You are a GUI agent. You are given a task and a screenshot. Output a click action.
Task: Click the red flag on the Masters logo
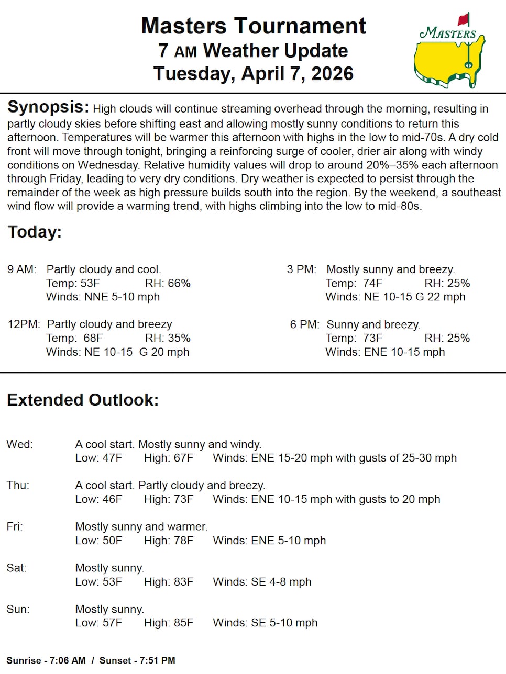464,20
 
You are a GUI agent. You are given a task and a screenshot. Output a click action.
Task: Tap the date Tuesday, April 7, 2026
253,73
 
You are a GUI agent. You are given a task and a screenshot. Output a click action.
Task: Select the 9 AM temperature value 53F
90,283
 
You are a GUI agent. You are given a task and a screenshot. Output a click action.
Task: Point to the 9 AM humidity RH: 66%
168,283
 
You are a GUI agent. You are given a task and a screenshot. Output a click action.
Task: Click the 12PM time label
23,324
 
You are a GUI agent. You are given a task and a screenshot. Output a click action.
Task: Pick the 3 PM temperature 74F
372,283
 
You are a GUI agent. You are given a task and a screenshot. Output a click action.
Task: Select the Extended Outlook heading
82,400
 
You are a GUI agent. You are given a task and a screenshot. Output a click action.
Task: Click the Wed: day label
19,444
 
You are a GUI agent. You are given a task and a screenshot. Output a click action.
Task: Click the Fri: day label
15,526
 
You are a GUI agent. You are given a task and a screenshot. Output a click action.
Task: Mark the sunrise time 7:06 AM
68,660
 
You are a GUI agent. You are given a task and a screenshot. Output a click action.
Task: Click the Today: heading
34,232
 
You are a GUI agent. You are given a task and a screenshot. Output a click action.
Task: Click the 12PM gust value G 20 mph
164,352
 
